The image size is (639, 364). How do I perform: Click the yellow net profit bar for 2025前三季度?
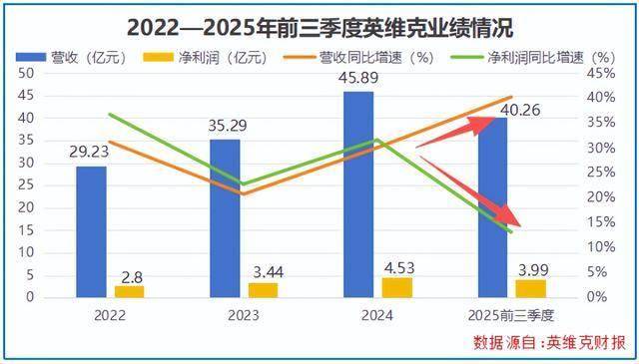click(530, 288)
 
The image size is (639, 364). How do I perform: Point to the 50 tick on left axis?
click(26, 73)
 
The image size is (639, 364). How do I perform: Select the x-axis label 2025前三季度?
click(511, 316)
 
